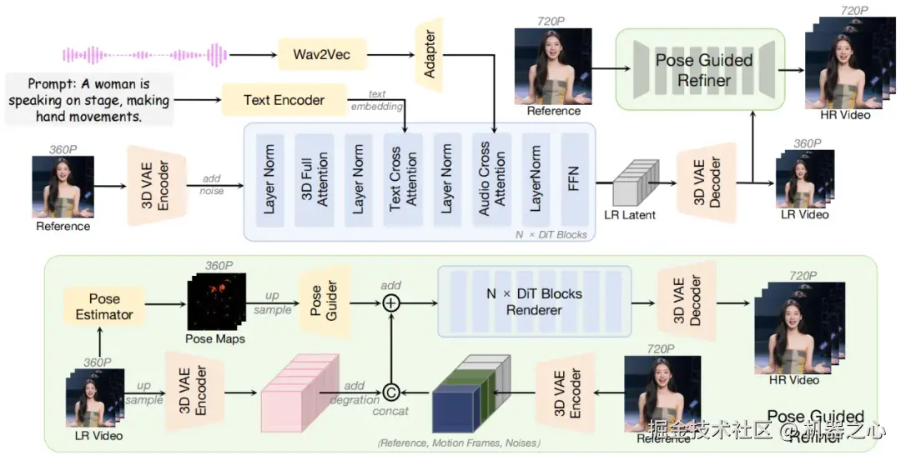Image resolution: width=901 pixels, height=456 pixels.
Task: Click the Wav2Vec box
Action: pos(321,55)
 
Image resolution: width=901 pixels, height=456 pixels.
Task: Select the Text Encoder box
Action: pos(284,100)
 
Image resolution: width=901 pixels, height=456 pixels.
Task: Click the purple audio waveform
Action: pos(145,55)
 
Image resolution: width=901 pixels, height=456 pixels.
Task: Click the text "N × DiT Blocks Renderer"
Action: pos(536,302)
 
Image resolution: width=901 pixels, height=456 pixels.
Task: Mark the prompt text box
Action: pos(88,98)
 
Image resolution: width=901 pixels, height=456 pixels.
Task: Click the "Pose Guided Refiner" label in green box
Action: pos(703,70)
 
